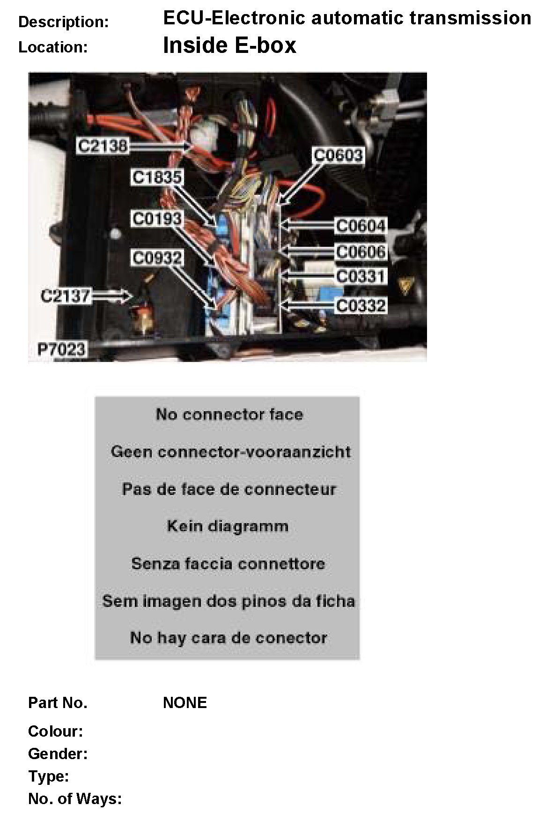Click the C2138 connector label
102,146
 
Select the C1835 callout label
156,177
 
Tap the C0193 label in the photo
156,218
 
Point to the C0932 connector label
156,258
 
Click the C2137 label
65,296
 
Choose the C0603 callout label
338,155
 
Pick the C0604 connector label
361,226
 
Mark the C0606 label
361,252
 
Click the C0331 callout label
361,276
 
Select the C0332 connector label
361,306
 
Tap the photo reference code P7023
61,349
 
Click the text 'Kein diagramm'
228,526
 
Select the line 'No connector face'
229,414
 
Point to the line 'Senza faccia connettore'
228,563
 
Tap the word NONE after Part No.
184,702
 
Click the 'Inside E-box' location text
229,45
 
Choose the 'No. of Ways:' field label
75,798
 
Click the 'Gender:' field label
58,753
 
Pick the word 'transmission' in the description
470,18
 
